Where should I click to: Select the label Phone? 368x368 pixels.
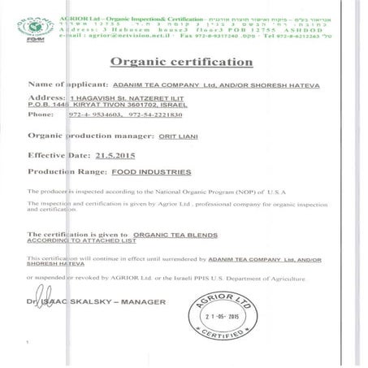pyautogui.click(x=41, y=115)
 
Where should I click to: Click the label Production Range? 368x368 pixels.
pyautogui.click(x=67, y=172)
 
